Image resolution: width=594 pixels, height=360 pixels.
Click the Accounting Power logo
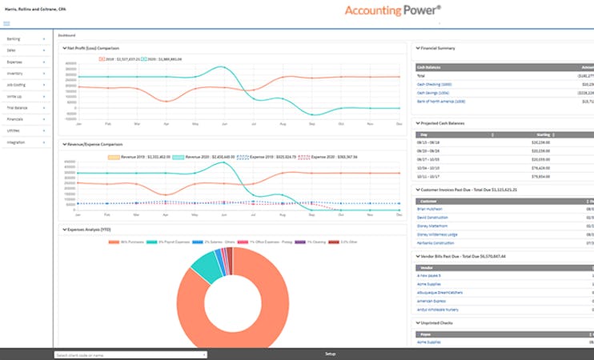coord(392,11)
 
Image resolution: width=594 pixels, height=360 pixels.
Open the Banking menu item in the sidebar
coord(14,38)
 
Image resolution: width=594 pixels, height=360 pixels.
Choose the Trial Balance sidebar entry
coord(17,107)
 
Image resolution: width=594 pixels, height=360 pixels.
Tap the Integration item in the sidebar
coord(16,142)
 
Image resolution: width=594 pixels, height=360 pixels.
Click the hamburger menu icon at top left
coord(6,24)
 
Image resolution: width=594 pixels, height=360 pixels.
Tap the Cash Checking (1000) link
coord(435,83)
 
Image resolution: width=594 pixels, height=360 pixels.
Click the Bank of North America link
coord(441,102)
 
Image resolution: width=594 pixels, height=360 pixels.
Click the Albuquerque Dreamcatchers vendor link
coord(439,293)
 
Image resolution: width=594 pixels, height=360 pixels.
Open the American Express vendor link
coord(433,301)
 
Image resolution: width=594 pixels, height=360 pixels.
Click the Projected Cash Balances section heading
coord(442,123)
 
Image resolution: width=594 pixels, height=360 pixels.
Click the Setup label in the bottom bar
coord(331,354)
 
